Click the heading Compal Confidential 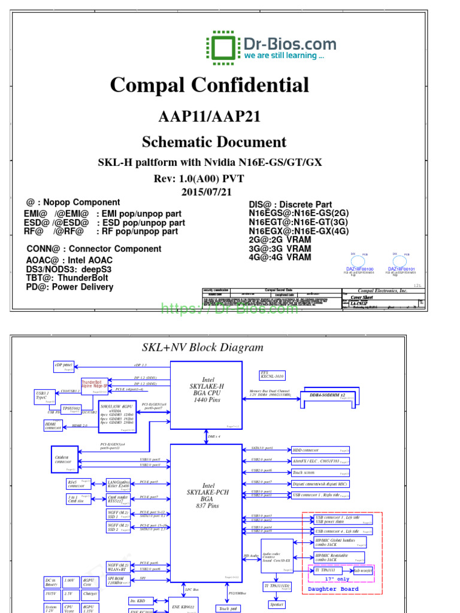tap(210, 85)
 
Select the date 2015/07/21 tap(206, 192)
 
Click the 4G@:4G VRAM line tap(280, 257)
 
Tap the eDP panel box tap(63, 365)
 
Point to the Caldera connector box tap(63, 459)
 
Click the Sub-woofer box tap(362, 571)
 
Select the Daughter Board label tap(333, 589)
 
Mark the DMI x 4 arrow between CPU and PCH tap(206, 436)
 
